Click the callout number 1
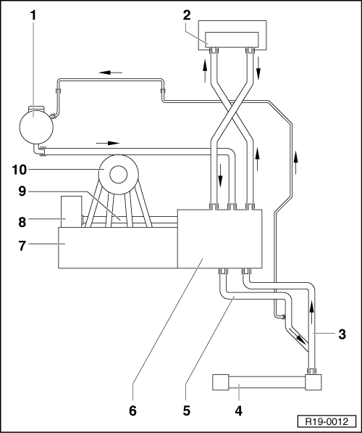coord(33,15)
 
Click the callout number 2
coord(187,15)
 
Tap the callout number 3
coord(342,334)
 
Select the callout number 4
coord(239,411)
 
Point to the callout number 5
coord(187,411)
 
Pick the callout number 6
coord(132,411)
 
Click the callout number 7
coord(22,246)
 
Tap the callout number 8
coord(22,222)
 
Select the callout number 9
coord(22,191)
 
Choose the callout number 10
coord(20,170)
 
